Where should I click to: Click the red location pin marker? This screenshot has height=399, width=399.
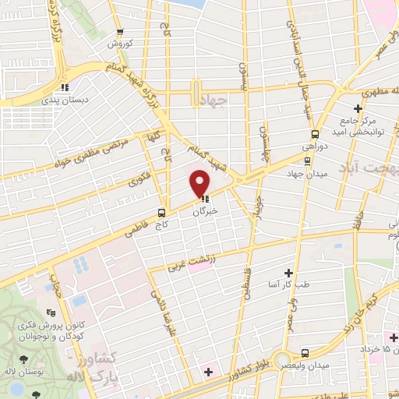pyautogui.click(x=200, y=182)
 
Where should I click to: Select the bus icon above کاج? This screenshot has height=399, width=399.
pyautogui.click(x=161, y=212)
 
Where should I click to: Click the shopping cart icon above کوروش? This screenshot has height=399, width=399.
pyautogui.click(x=119, y=32)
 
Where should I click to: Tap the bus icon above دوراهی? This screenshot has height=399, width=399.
pyautogui.click(x=315, y=133)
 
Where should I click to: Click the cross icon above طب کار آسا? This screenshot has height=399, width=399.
pyautogui.click(x=288, y=273)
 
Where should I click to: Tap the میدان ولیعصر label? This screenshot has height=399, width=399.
pyautogui.click(x=312, y=365)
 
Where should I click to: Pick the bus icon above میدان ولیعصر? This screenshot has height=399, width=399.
pyautogui.click(x=305, y=352)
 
